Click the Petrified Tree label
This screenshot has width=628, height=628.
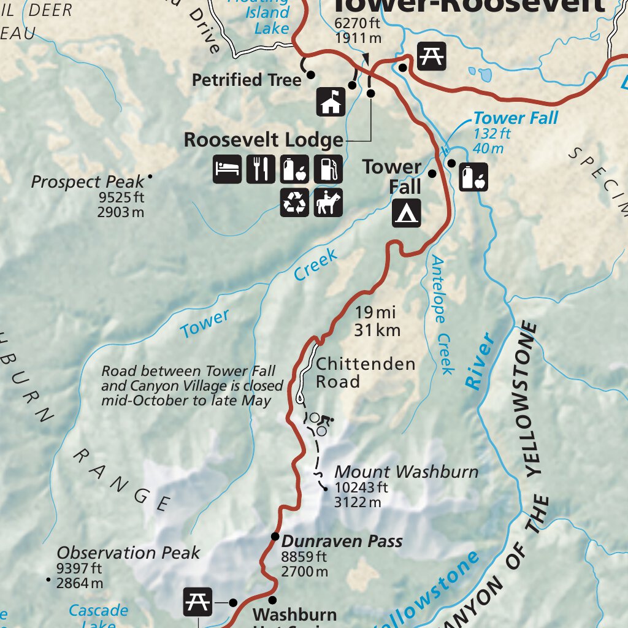[247, 80]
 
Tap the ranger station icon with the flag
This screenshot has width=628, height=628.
[331, 102]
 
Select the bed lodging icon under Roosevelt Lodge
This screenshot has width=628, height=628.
[228, 169]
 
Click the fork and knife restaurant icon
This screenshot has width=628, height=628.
[261, 169]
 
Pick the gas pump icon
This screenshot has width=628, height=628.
[328, 169]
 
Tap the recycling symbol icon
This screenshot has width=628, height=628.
[294, 202]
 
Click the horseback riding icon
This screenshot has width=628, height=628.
[328, 202]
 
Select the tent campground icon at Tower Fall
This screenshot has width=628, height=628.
[407, 213]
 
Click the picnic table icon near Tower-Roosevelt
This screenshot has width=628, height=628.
[432, 56]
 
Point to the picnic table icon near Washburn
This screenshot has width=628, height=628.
[198, 602]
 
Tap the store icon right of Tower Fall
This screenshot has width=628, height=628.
[473, 177]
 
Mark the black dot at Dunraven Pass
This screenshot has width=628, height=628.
[275, 538]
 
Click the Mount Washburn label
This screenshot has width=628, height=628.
[406, 472]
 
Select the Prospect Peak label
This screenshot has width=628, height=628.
[88, 182]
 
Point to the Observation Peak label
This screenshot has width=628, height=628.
[128, 553]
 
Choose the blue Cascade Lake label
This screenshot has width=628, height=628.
[98, 611]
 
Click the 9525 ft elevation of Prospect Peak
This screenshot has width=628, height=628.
[120, 197]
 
